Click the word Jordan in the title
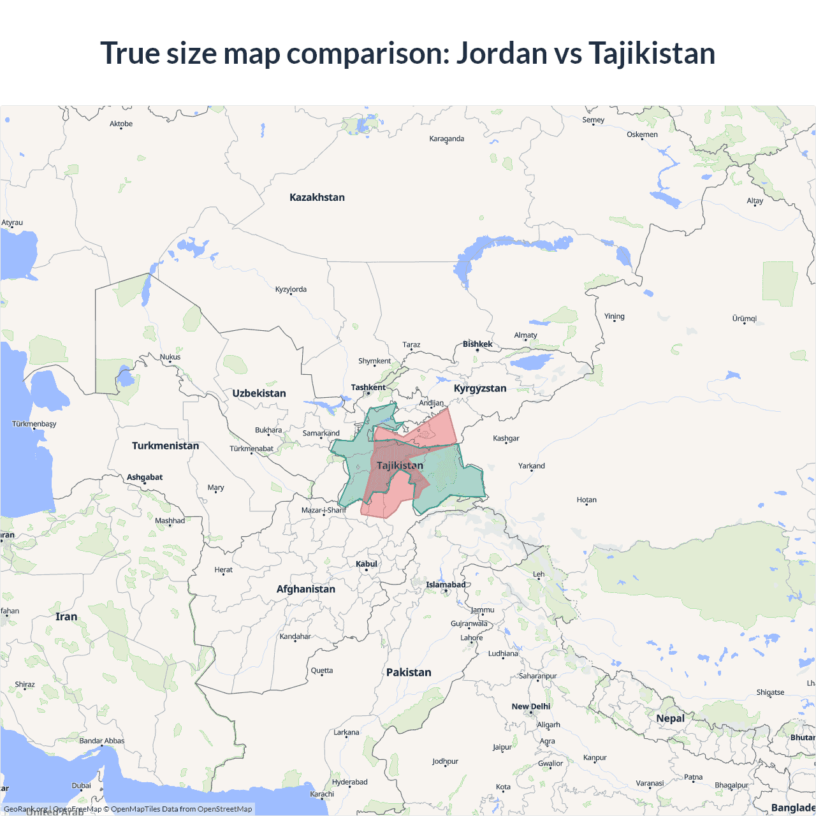coord(501,53)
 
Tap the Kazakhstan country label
coord(317,198)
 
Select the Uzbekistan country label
coord(259,393)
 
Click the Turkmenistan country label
coord(165,446)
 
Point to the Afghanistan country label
coord(305,589)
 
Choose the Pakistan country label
coord(409,673)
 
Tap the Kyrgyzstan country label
coord(480,388)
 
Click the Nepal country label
coord(670,718)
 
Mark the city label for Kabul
coord(367,564)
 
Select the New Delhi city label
coord(530,706)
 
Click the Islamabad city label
coord(446,585)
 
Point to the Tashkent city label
coord(368,388)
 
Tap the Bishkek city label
coord(477,344)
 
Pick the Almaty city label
coord(525,335)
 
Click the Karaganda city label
coord(446,138)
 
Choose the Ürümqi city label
coord(744,318)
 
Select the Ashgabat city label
coord(145,477)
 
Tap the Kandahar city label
coord(295,636)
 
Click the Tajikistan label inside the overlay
coord(400,465)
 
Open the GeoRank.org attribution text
coord(25,809)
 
